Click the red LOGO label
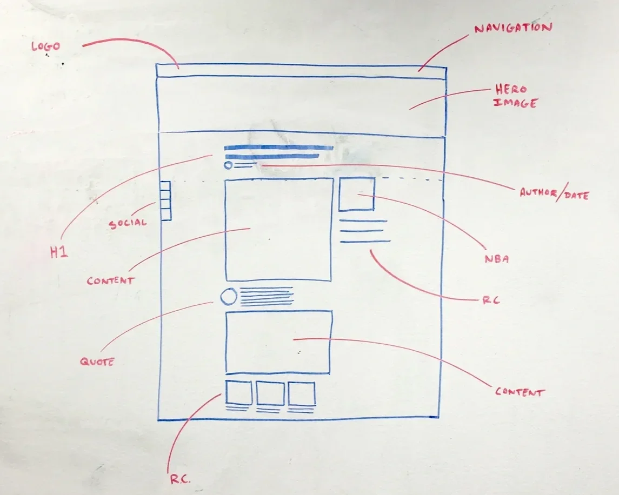[x=45, y=46]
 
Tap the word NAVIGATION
[x=513, y=28]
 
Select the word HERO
[x=510, y=90]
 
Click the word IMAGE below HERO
[x=515, y=103]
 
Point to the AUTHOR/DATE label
[x=554, y=193]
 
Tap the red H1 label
[x=59, y=252]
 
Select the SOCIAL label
[x=128, y=223]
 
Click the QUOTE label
[x=97, y=362]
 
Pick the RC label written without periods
[x=490, y=300]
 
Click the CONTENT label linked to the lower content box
[x=520, y=392]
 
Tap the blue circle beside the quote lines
[x=229, y=297]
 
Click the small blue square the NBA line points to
[x=356, y=193]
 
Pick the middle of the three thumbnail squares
[x=270, y=393]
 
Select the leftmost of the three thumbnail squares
[x=239, y=393]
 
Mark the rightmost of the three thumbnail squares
[x=302, y=393]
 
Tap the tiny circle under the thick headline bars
[x=228, y=165]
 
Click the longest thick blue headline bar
[x=278, y=148]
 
